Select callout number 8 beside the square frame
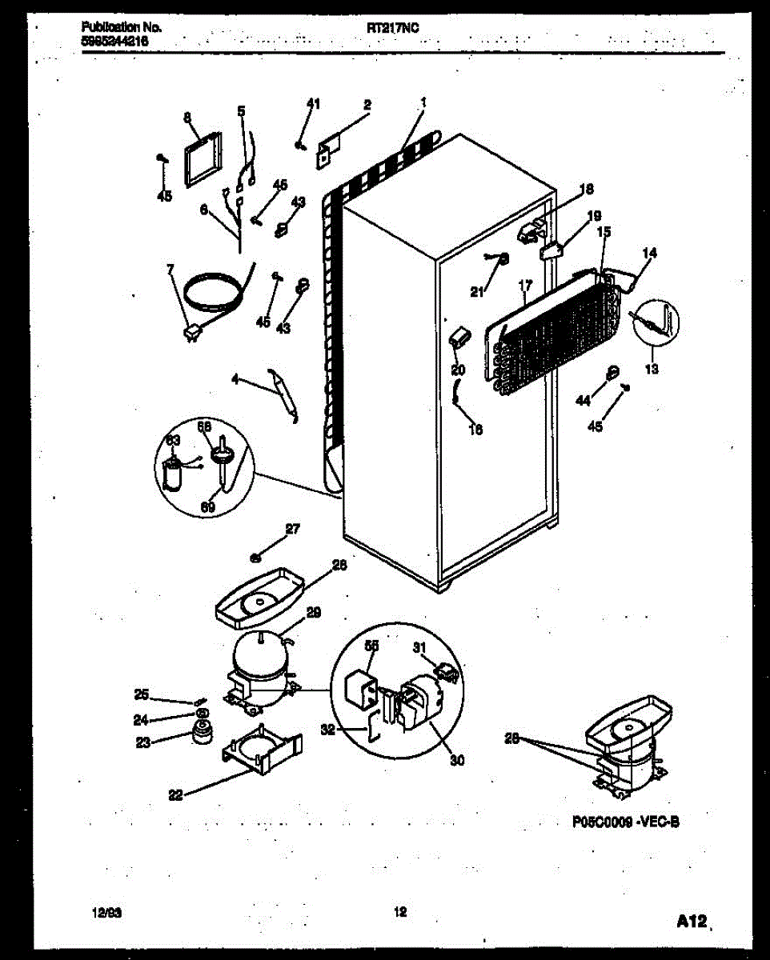pos(186,117)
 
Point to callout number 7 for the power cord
pos(170,269)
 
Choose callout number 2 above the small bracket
pos(367,104)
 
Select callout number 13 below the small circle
pos(651,369)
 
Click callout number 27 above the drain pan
pos(292,527)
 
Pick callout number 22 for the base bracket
pos(175,794)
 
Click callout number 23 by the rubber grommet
pos(142,742)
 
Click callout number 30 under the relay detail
pos(456,760)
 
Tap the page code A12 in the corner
pos(690,922)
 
